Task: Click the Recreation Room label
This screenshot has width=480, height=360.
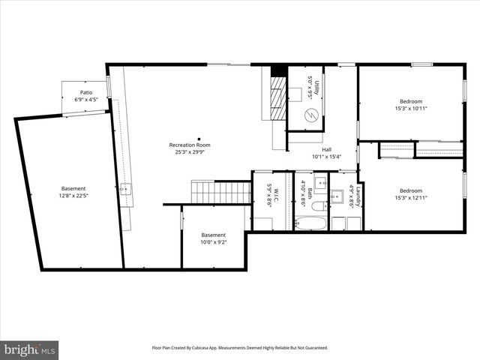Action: tap(189, 145)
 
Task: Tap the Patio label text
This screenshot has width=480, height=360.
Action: tap(87, 93)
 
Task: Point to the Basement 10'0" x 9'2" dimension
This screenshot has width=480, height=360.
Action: tap(213, 242)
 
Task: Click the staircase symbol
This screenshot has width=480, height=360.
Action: tap(220, 192)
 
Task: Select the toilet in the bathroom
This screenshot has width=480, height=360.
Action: tap(317, 205)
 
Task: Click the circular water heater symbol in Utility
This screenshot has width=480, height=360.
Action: tap(311, 115)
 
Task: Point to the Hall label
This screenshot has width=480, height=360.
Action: tap(327, 149)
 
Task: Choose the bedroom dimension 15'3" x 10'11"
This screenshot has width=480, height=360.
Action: tap(410, 109)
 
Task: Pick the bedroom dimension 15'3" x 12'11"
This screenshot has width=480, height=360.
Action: tap(410, 197)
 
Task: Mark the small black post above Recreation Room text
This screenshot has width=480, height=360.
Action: tap(199, 137)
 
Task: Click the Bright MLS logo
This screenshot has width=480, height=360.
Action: tap(30, 349)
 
